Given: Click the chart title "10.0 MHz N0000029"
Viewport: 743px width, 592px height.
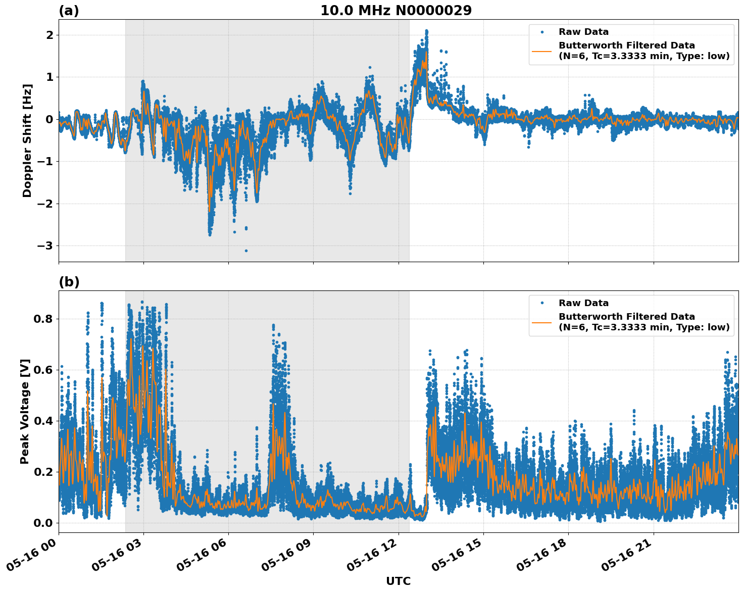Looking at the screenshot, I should pyautogui.click(x=395, y=11).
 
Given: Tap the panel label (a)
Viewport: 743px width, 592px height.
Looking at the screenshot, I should pyautogui.click(x=69, y=11).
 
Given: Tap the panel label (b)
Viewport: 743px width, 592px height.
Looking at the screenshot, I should pyautogui.click(x=69, y=282).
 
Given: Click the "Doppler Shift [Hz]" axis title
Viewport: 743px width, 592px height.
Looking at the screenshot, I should pyautogui.click(x=27, y=140).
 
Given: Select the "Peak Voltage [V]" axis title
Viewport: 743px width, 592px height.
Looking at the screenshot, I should pyautogui.click(x=25, y=411).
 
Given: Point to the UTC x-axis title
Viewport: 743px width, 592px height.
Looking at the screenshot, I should pyautogui.click(x=398, y=581).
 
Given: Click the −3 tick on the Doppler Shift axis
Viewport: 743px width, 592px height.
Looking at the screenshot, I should pyautogui.click(x=46, y=246).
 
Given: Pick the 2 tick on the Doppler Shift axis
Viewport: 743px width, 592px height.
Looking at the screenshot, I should pyautogui.click(x=49, y=35).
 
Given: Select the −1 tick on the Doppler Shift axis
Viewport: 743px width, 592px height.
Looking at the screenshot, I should pyautogui.click(x=46, y=162).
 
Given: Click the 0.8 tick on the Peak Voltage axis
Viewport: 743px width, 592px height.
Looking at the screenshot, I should pyautogui.click(x=43, y=319).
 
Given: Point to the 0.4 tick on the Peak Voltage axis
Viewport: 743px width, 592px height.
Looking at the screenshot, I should pyautogui.click(x=43, y=421).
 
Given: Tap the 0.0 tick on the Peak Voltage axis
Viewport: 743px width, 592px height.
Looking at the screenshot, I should pyautogui.click(x=43, y=523).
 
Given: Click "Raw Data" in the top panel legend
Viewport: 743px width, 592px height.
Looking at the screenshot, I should pyautogui.click(x=583, y=32).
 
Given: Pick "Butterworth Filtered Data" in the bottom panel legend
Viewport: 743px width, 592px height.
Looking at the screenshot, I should pyautogui.click(x=626, y=317).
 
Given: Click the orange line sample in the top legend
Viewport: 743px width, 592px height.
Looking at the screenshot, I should pyautogui.click(x=542, y=51).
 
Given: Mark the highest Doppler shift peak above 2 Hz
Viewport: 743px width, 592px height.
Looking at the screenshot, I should pyautogui.click(x=426, y=31).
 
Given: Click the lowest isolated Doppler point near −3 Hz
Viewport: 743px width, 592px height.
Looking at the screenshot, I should pyautogui.click(x=246, y=251).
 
